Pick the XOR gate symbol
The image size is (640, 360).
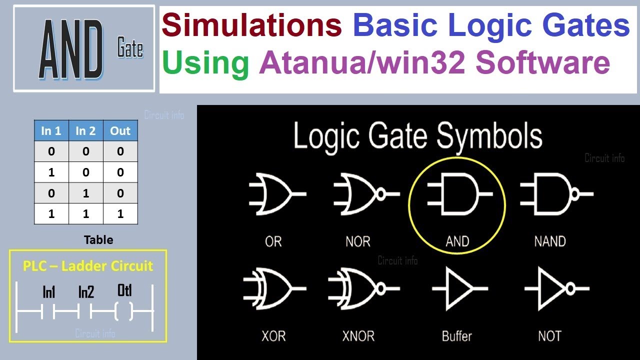(x=272, y=288)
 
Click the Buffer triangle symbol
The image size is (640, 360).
(x=457, y=288)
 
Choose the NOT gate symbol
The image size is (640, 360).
(x=552, y=288)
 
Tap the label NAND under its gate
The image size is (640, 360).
(x=550, y=241)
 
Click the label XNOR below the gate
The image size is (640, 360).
(x=358, y=336)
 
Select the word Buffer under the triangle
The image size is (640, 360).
(x=456, y=336)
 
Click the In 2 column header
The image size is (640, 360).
(x=85, y=131)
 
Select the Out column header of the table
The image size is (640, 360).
(x=120, y=131)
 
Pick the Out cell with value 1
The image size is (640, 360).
(x=120, y=214)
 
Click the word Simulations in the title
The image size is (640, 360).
(x=251, y=25)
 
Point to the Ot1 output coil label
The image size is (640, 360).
(x=124, y=290)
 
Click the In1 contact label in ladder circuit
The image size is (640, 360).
(x=48, y=292)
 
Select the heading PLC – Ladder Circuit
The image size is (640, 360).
(x=88, y=265)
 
